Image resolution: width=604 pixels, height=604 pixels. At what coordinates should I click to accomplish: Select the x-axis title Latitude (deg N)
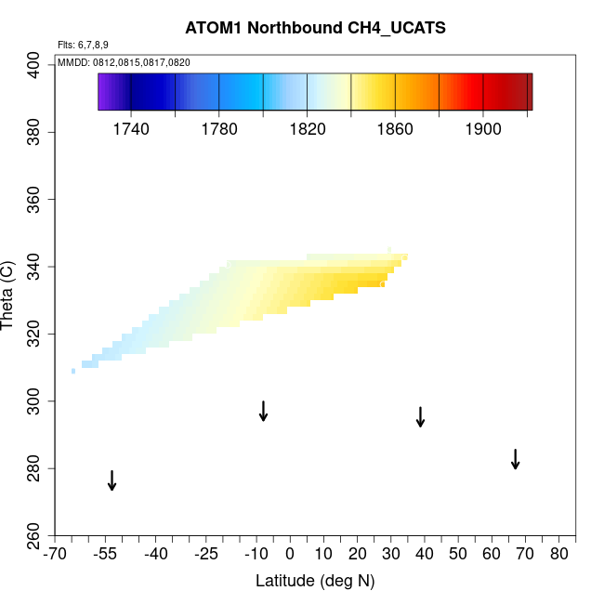[314, 581]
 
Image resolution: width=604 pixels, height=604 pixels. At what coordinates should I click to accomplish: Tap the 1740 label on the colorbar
[131, 129]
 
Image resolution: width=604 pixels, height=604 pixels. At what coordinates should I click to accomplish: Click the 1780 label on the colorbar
[219, 129]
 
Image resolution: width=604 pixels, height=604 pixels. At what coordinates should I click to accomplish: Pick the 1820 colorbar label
[308, 129]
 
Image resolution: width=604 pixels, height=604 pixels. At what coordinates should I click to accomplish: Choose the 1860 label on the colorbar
[396, 129]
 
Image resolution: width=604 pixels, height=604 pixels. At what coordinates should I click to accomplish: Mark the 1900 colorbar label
[484, 129]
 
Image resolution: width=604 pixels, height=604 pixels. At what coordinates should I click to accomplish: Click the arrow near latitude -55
[112, 480]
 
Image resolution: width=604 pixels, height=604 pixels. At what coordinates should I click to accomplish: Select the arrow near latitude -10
[264, 411]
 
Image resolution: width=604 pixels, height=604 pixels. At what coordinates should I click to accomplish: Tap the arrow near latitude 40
[420, 416]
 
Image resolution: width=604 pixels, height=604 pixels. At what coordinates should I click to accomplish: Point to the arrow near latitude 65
[515, 459]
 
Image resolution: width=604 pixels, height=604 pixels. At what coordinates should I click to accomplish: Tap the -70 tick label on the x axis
[56, 555]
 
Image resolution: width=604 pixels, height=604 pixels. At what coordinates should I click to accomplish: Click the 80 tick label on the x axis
[558, 555]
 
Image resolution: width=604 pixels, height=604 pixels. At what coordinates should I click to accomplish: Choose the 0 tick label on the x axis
[290, 555]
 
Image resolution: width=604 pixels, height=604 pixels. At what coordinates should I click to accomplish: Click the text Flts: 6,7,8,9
[84, 45]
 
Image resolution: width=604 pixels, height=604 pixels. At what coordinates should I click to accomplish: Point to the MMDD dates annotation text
[124, 62]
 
